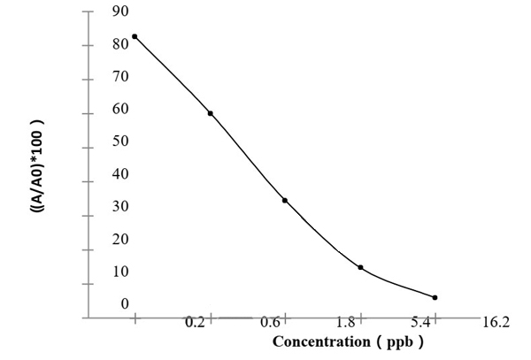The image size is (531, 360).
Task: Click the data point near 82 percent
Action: pyautogui.click(x=135, y=36)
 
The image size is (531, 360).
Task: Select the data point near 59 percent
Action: pyautogui.click(x=211, y=113)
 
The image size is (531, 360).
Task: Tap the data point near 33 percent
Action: pyautogui.click(x=285, y=200)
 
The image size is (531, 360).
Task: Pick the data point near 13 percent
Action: pyautogui.click(x=360, y=267)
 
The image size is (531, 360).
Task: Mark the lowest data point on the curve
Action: pyautogui.click(x=435, y=297)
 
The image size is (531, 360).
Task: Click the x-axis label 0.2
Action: pyautogui.click(x=195, y=322)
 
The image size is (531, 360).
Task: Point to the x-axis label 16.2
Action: pyautogui.click(x=495, y=322)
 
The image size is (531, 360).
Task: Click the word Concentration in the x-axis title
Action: pyautogui.click(x=320, y=341)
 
